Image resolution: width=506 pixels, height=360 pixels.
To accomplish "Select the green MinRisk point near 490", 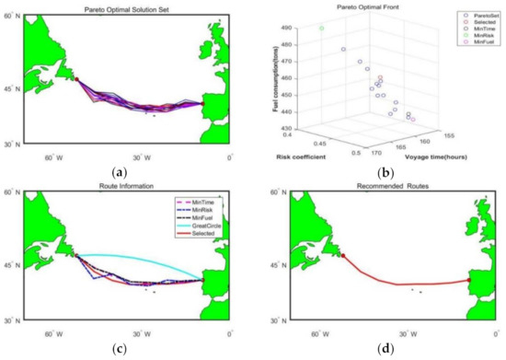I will [322, 29].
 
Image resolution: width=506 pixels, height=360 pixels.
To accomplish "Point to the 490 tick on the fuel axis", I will [295, 29].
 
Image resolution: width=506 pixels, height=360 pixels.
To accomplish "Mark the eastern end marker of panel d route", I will [469, 279].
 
